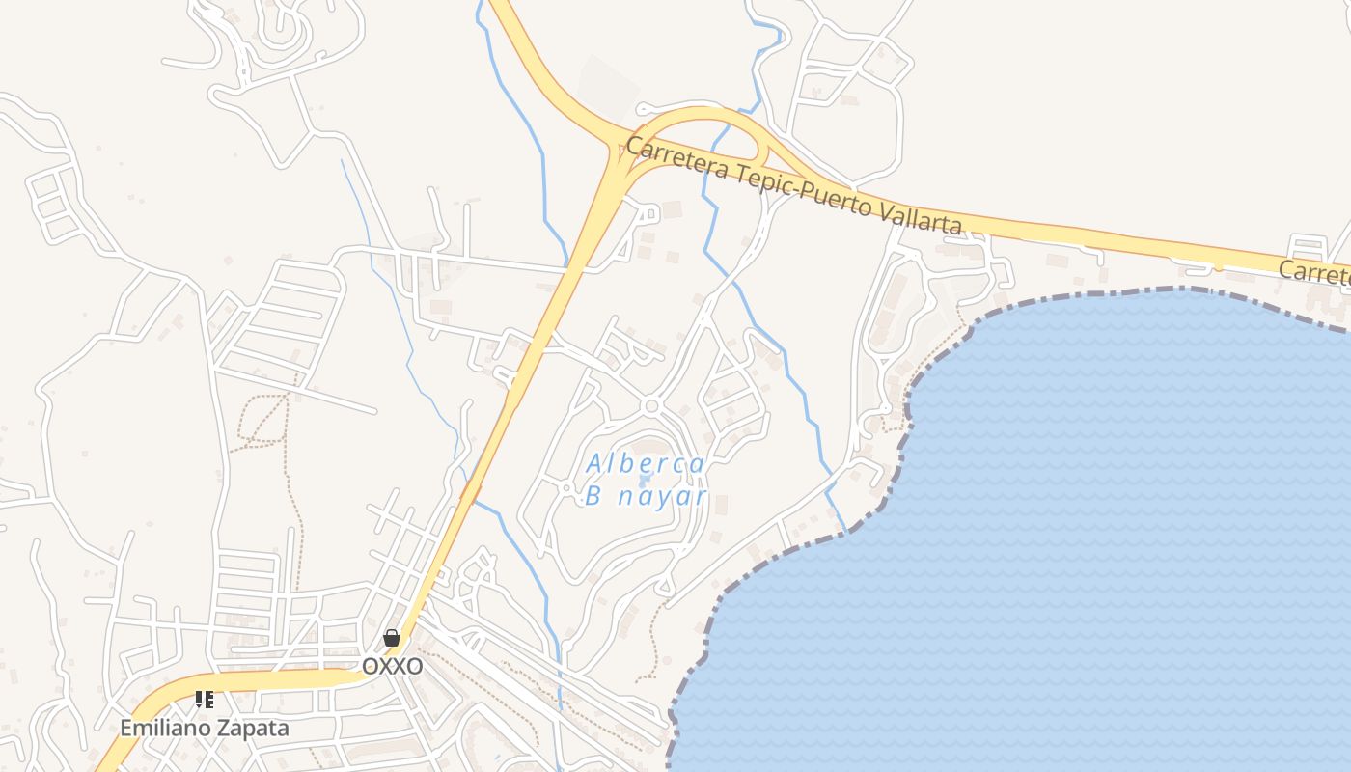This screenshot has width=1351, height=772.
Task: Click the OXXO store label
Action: [392, 666]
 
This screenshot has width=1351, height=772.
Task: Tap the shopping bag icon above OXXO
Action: [391, 638]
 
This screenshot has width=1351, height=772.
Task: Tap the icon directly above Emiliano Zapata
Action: [204, 700]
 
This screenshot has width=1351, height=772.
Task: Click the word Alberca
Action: [646, 464]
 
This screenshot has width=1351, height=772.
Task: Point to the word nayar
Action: [665, 497]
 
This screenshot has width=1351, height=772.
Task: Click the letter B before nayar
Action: [593, 497]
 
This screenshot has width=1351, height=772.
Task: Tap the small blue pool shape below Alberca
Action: [645, 481]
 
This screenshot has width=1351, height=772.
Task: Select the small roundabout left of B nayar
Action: [565, 488]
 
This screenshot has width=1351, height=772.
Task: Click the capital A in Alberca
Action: [596, 464]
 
